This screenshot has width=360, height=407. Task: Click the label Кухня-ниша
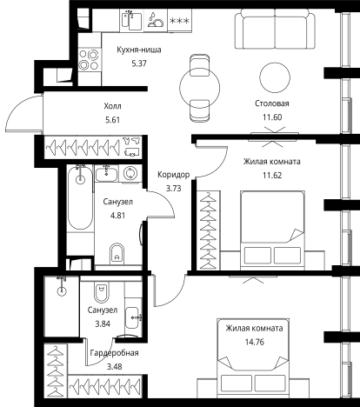pos(139,50)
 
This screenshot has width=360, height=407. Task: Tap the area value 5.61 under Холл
pos(112,120)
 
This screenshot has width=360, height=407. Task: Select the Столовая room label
pos(272,103)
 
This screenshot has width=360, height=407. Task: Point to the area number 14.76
pos(255,342)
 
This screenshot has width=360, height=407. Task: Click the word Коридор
pos(174,175)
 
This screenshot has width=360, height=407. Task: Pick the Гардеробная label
pos(114,353)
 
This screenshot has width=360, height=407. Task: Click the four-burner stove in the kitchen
pos(90,60)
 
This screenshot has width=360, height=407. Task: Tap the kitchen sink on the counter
pos(131,19)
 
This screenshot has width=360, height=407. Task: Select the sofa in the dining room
pos(275,29)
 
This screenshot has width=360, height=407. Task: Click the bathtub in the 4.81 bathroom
pos(80,197)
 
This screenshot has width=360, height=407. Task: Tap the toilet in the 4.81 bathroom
pos(117,254)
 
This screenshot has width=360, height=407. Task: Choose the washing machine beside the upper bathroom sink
pos(130,174)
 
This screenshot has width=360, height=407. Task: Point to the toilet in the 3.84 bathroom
pos(101,292)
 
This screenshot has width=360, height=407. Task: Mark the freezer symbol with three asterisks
pos(179,21)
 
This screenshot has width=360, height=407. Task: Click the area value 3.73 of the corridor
pos(173,189)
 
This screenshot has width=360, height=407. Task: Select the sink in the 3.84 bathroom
pos(133,317)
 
